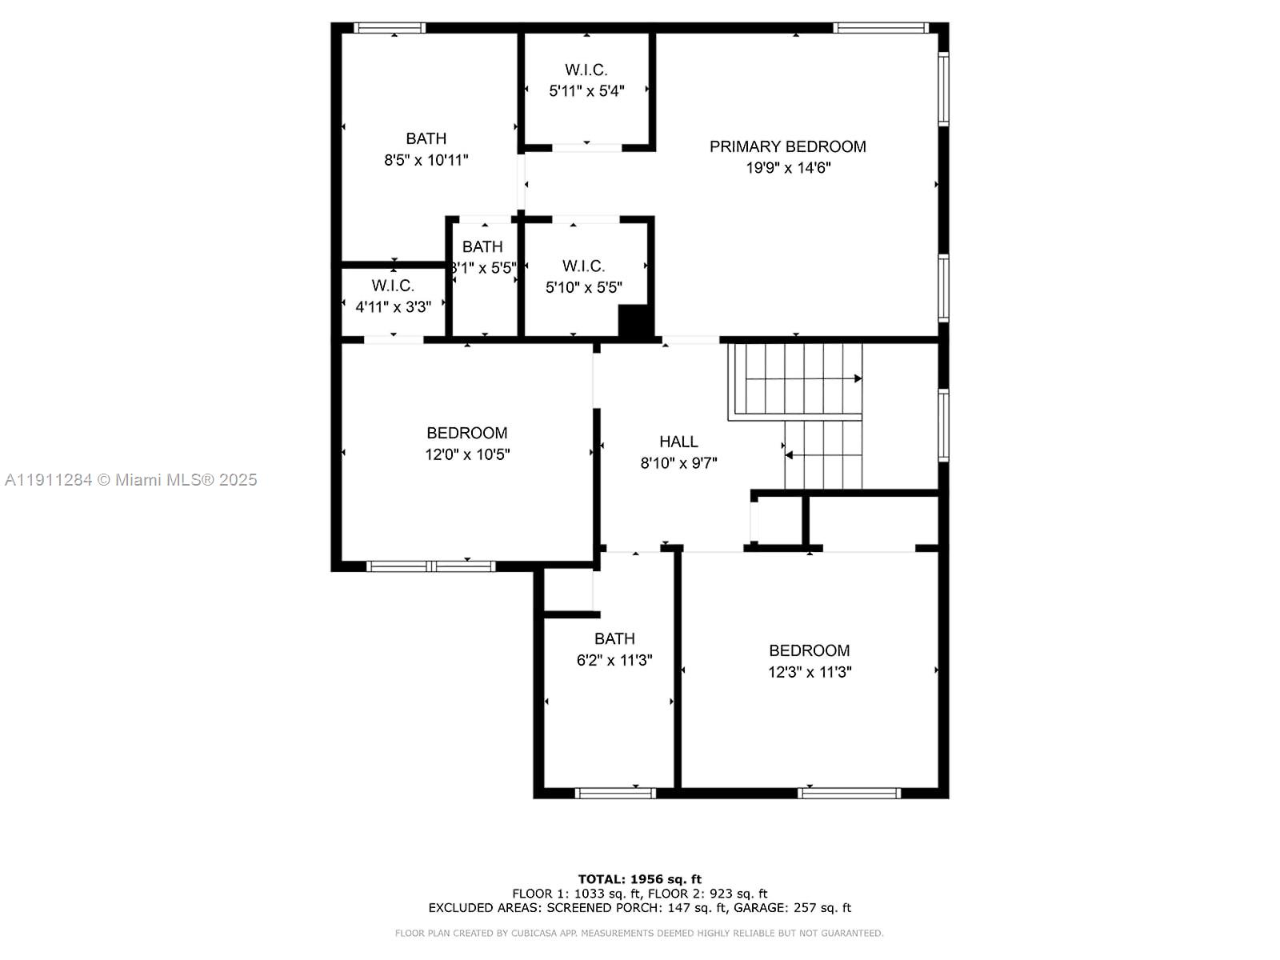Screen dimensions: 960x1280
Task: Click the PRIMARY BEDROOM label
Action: [787, 146]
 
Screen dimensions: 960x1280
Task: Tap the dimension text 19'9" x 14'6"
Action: [788, 168]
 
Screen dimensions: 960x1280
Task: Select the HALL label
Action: [678, 442]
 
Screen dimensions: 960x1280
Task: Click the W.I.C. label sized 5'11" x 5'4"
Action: [586, 70]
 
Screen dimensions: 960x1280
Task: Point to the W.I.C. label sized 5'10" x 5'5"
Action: [583, 266]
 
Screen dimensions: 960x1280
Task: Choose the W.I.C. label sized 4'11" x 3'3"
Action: [392, 286]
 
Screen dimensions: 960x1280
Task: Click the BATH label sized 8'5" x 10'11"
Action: [426, 138]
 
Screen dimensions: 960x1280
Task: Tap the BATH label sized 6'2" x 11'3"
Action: [614, 639]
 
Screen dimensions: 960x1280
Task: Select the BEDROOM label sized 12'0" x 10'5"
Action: [466, 434]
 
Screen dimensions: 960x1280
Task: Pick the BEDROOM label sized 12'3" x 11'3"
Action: [809, 651]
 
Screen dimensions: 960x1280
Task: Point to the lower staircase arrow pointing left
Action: [790, 455]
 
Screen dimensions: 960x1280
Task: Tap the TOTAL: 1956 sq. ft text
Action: [639, 879]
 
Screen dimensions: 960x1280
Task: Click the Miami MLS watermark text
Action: [131, 480]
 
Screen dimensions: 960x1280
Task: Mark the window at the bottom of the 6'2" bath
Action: [615, 794]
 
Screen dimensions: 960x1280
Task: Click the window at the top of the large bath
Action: [390, 28]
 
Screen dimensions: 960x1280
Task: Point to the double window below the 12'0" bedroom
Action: [431, 566]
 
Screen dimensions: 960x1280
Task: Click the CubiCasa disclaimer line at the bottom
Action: [639, 934]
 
